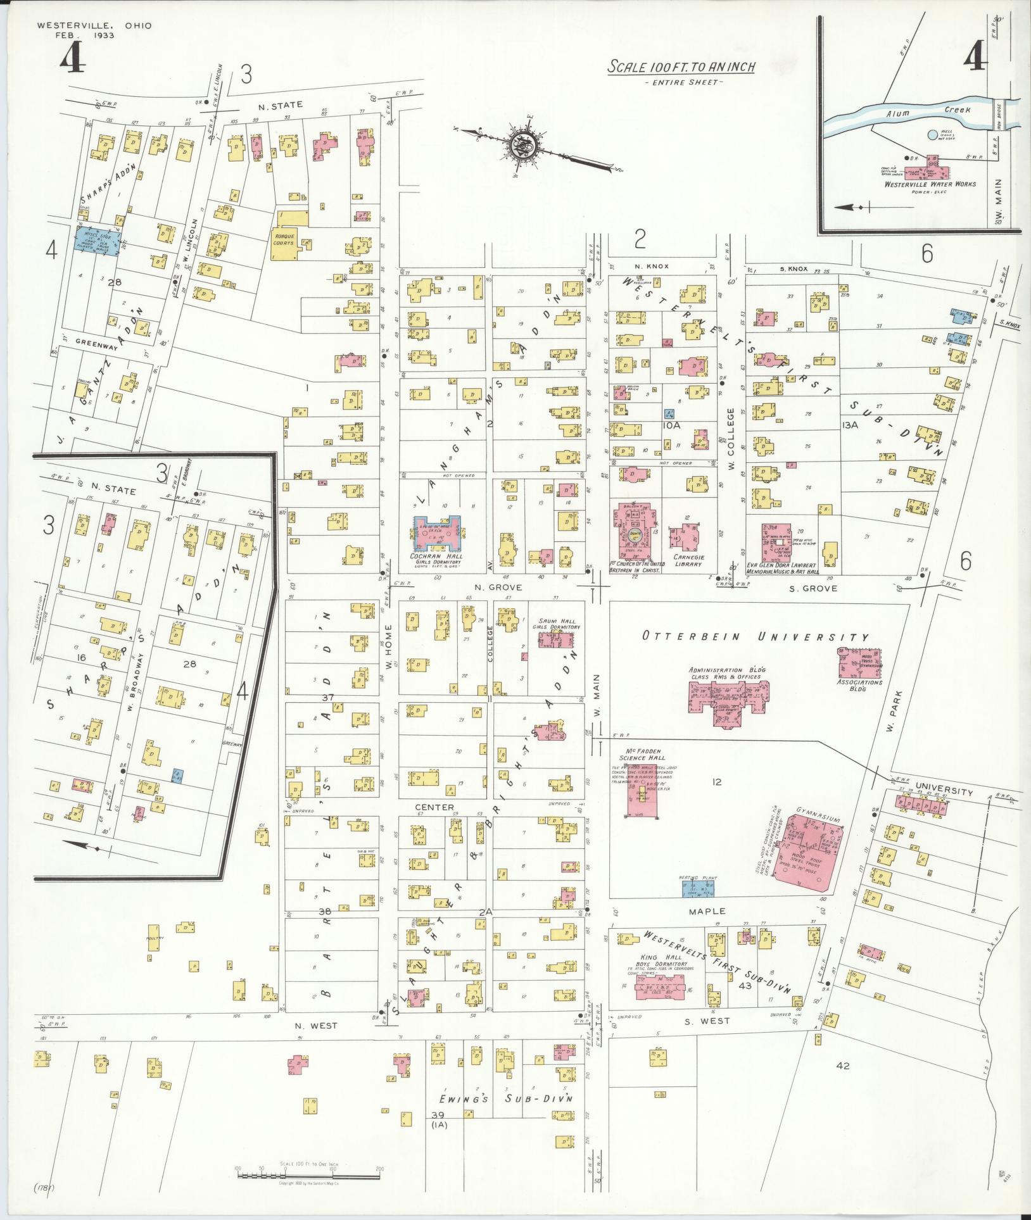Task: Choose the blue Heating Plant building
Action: (697, 889)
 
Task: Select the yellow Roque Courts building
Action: (286, 244)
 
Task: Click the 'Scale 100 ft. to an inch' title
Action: (681, 67)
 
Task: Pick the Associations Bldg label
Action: (859, 685)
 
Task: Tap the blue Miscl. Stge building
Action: (98, 240)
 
